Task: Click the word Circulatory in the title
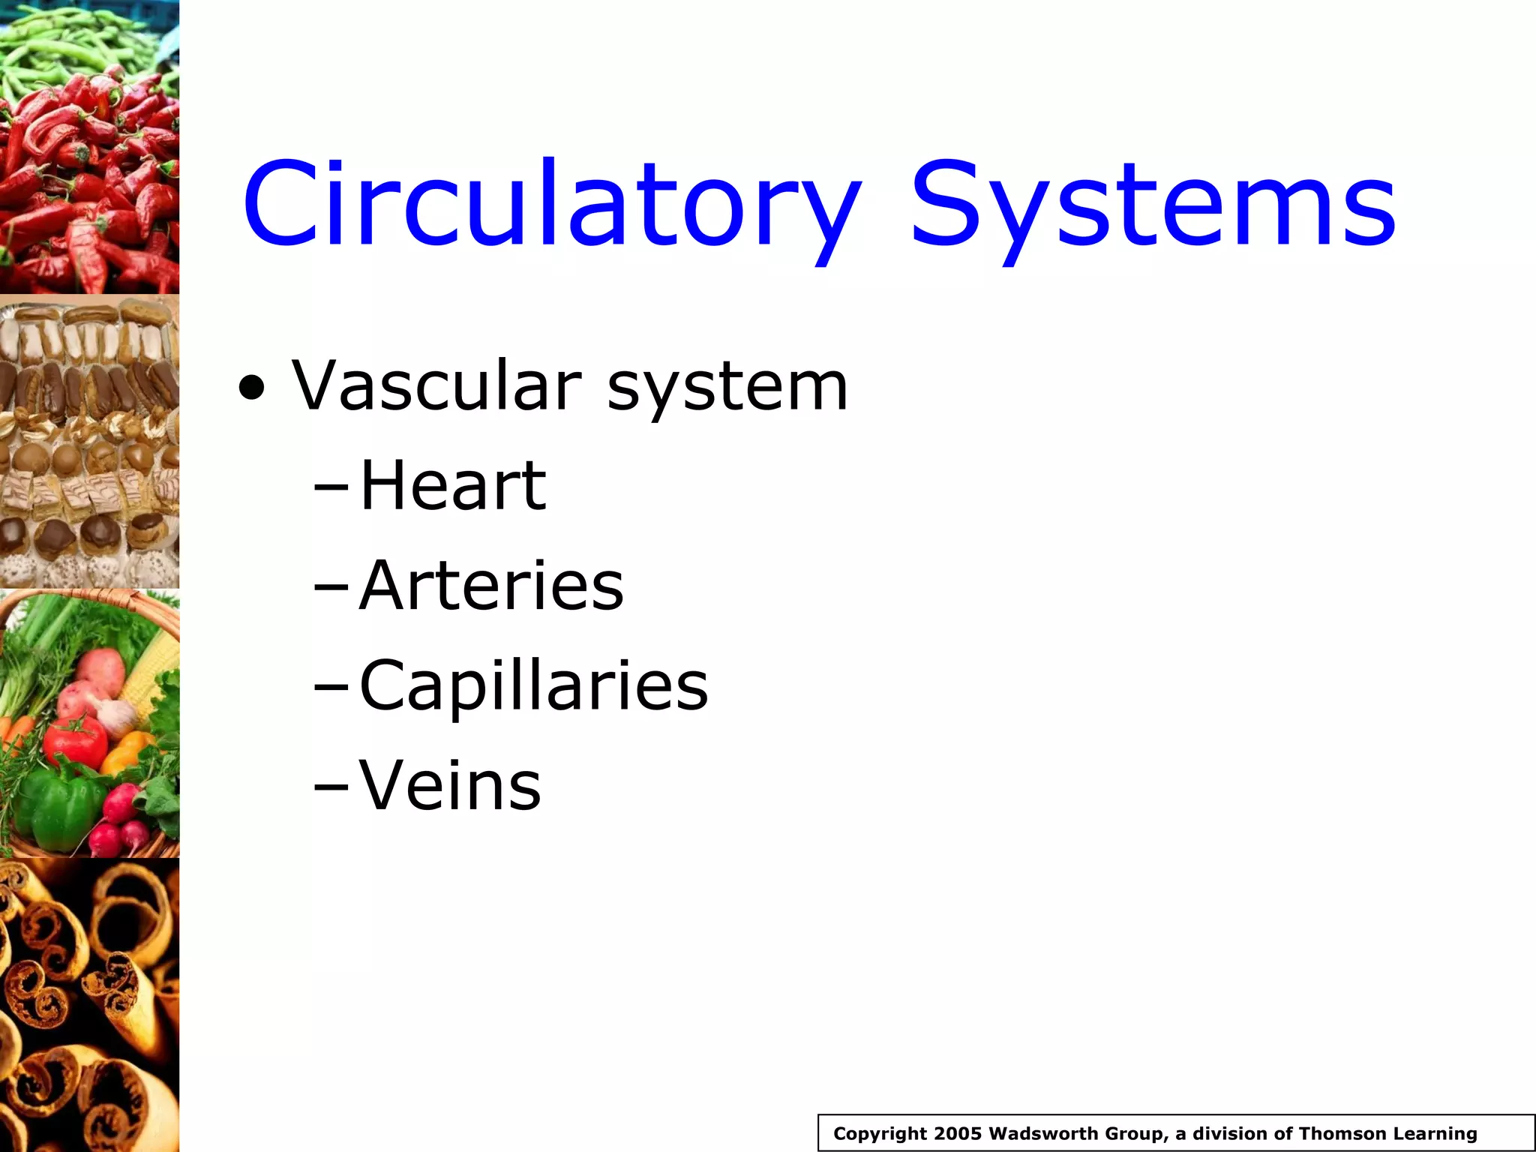tap(551, 204)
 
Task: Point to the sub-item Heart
tap(453, 485)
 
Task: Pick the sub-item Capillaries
tap(533, 685)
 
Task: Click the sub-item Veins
tap(450, 785)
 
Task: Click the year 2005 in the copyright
tap(958, 1133)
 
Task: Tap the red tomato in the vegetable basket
tap(75, 739)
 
